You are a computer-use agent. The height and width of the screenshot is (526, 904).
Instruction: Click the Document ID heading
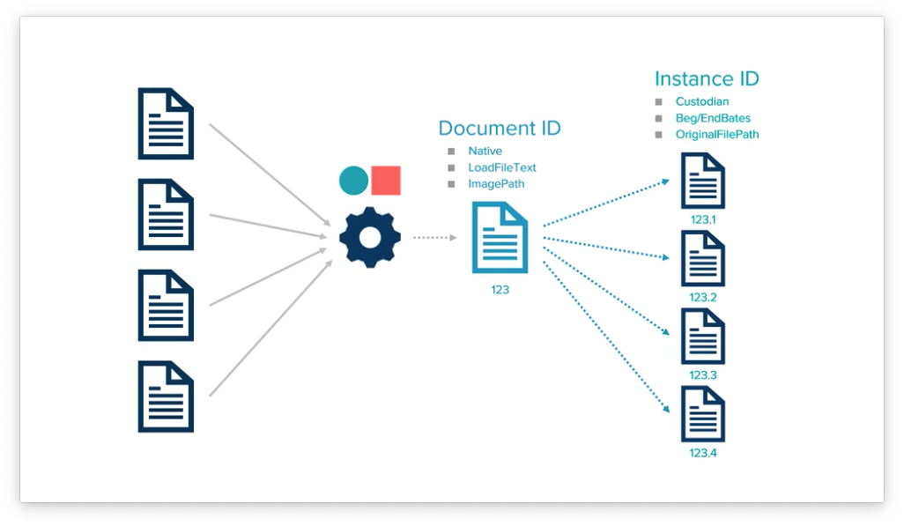(x=500, y=128)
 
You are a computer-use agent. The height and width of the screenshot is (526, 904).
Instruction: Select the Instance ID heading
(x=707, y=79)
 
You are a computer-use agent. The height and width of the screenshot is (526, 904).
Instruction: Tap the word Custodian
(x=702, y=101)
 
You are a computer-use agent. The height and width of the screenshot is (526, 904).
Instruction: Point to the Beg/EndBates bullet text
(x=713, y=118)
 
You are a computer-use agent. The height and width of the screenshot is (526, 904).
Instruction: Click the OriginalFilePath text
(x=717, y=135)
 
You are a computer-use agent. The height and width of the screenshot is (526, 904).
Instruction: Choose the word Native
(x=485, y=152)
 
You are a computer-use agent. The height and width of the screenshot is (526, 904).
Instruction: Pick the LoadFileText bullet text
(x=502, y=167)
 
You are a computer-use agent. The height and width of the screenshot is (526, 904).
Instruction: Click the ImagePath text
(x=496, y=184)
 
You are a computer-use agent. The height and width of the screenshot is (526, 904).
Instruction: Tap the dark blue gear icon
(x=369, y=237)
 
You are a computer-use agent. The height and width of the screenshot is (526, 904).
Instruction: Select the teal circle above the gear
(x=353, y=181)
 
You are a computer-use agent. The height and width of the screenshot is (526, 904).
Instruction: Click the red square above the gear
(x=386, y=181)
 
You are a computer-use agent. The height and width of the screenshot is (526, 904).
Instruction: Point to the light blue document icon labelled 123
(x=500, y=237)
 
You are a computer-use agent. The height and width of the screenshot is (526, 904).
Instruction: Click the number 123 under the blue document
(x=500, y=290)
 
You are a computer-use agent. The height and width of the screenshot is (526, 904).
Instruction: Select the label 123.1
(x=703, y=219)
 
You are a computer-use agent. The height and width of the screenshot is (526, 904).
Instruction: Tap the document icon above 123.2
(x=703, y=258)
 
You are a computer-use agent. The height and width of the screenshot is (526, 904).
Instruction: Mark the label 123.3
(x=703, y=375)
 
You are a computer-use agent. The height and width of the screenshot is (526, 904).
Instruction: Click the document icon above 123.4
(x=703, y=414)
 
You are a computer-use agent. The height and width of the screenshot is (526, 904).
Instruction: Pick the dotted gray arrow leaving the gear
(x=435, y=237)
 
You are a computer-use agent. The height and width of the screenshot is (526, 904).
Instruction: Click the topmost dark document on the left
(x=166, y=123)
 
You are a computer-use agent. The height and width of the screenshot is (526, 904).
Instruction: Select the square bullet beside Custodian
(x=658, y=102)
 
